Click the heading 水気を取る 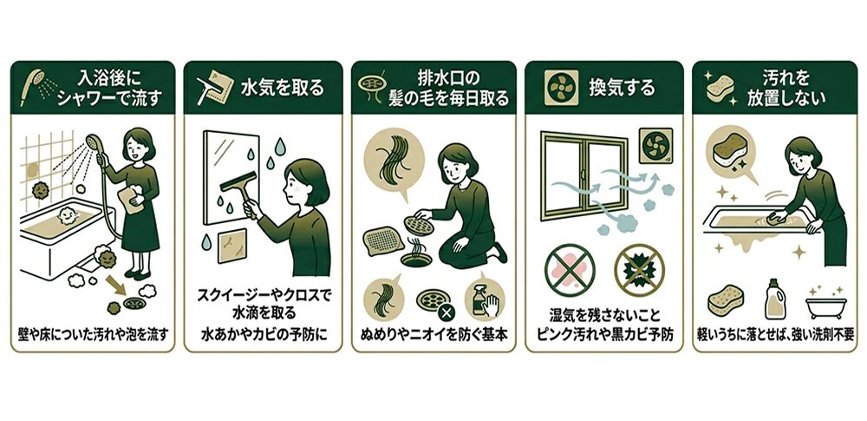tap(283, 88)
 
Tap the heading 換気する tap(622, 88)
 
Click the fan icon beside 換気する tap(561, 88)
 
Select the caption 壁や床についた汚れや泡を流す tap(93, 334)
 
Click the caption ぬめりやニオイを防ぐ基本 tap(433, 334)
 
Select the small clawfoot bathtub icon tap(826, 306)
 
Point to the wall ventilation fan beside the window tap(656, 146)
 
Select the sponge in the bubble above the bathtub tap(728, 148)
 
